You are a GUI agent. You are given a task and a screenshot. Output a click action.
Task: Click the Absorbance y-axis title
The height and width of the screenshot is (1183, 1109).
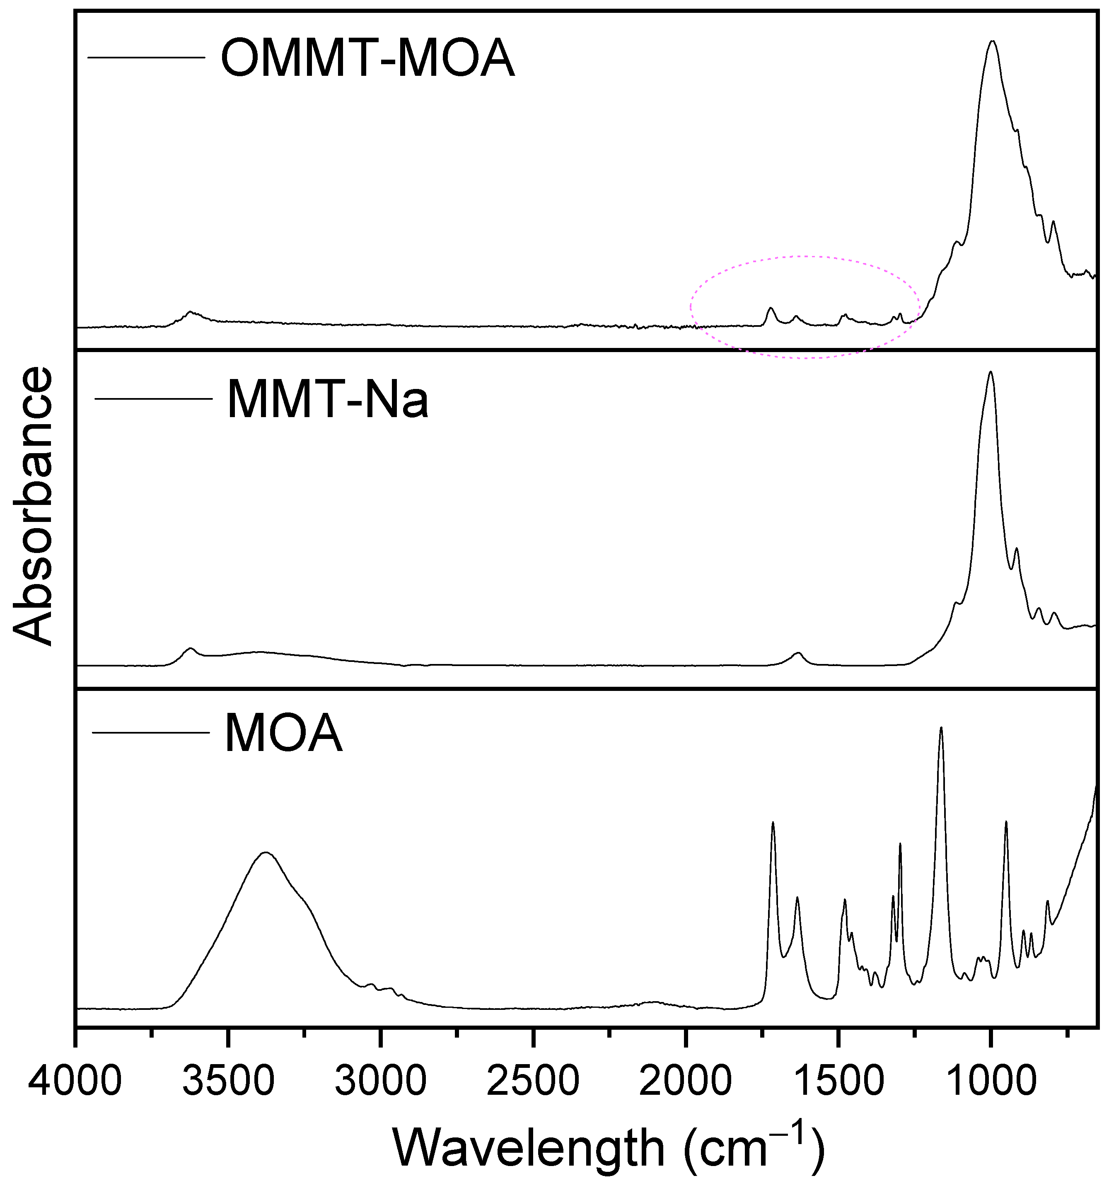33,506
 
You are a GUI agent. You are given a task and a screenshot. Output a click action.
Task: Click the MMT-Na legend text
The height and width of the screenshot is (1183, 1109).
327,400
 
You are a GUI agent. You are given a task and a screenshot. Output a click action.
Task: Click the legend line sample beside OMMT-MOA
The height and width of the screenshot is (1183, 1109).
146,57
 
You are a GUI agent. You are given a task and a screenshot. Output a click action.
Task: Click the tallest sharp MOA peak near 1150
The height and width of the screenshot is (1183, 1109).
941,728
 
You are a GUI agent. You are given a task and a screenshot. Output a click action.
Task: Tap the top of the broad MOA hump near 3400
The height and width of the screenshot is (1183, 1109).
266,852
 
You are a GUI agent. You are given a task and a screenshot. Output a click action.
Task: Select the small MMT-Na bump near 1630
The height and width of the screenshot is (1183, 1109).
798,653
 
